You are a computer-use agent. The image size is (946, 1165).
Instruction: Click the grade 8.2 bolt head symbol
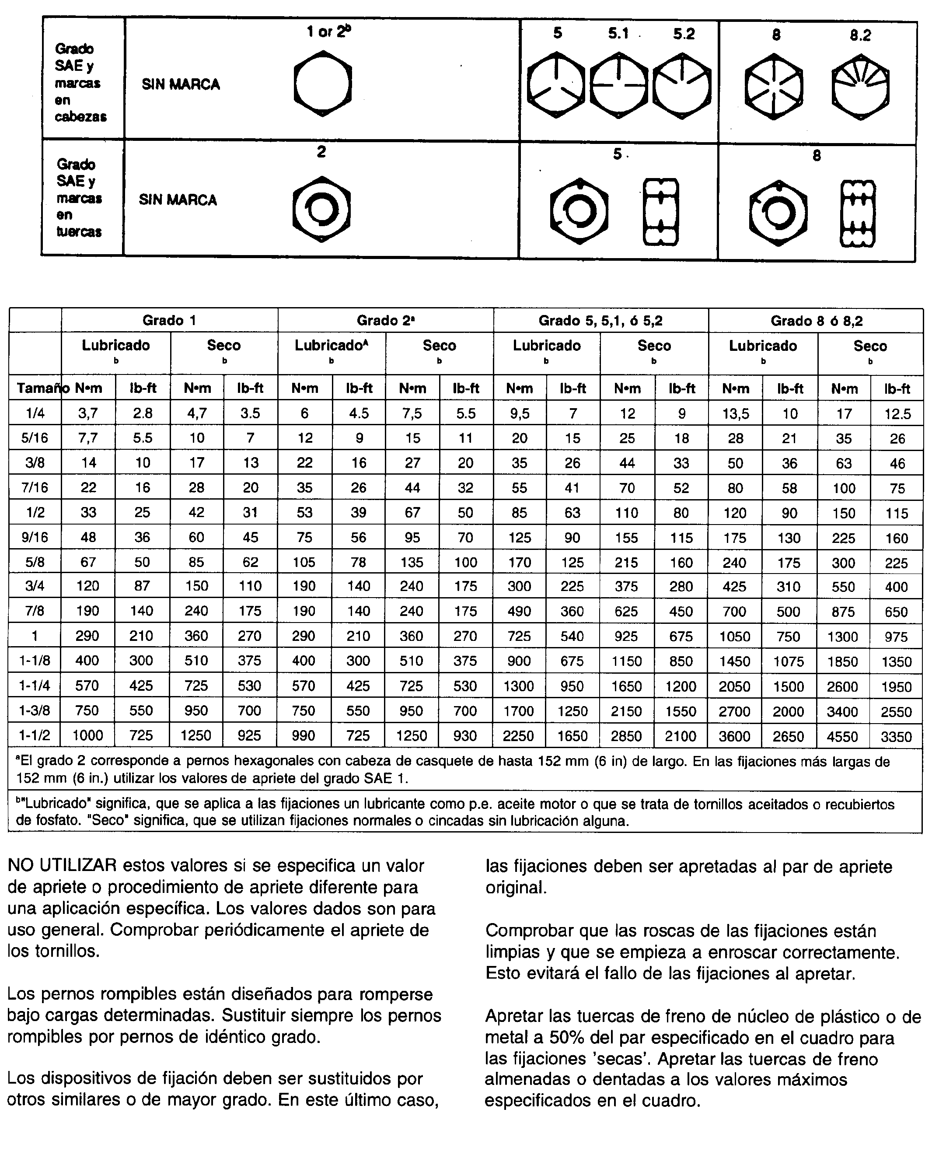point(860,87)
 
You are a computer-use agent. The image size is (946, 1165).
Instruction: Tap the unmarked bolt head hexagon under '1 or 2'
point(323,84)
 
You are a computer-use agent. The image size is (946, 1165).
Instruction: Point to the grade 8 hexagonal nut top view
point(778,213)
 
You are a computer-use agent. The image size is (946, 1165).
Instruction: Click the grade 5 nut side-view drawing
point(660,212)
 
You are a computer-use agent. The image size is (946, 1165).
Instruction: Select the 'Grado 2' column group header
point(386,320)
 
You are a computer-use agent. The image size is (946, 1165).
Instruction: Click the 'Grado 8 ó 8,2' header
point(816,321)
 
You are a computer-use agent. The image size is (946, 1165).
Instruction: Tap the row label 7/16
point(35,487)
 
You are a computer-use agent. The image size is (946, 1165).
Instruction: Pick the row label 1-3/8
point(35,710)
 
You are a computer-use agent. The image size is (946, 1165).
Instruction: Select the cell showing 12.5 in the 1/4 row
point(897,414)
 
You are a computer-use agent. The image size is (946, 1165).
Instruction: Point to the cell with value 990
point(304,736)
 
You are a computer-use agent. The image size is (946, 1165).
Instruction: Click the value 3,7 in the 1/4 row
point(88,413)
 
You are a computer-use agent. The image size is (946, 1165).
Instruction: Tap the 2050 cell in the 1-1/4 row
point(735,687)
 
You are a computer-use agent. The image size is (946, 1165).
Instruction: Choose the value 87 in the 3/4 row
point(142,586)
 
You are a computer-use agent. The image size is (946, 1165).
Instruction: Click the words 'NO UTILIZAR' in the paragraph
point(62,866)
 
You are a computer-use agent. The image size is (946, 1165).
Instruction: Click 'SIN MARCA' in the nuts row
point(178,200)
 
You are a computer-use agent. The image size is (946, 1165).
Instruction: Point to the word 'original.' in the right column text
point(516,888)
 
